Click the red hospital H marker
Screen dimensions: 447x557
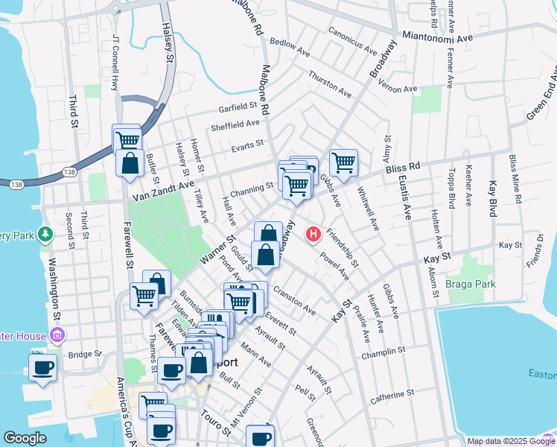coord(313,234)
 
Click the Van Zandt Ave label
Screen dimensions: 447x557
coord(163,191)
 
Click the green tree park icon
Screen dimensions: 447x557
coord(45,234)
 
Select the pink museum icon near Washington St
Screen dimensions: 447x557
coord(56,335)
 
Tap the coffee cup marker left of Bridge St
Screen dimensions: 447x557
coord(42,367)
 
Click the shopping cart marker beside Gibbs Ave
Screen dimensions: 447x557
coord(343,162)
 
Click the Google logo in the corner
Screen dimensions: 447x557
coord(25,438)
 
